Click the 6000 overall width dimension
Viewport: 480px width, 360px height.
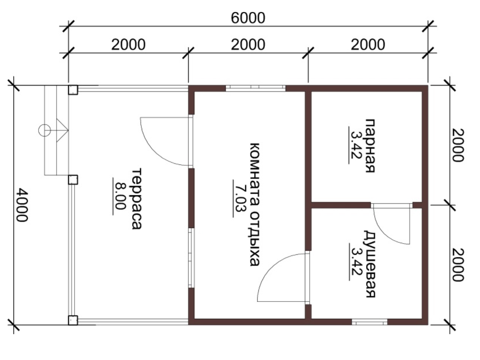point(248,18)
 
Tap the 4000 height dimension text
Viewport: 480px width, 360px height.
point(22,205)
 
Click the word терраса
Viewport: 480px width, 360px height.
point(137,199)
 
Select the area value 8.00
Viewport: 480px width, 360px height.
point(120,196)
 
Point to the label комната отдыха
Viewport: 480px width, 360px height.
point(254,205)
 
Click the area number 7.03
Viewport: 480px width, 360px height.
point(240,198)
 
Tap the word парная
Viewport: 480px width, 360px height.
point(370,146)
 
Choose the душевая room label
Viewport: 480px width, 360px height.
point(370,264)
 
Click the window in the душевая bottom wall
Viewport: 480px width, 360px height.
point(369,322)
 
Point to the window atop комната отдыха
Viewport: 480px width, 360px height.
point(255,88)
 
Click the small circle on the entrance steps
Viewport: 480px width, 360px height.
point(44,130)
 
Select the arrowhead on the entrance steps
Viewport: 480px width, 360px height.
point(62,130)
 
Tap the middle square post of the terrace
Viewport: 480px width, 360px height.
point(73,179)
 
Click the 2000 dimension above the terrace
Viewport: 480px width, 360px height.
point(128,45)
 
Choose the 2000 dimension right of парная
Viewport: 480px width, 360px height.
point(458,145)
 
